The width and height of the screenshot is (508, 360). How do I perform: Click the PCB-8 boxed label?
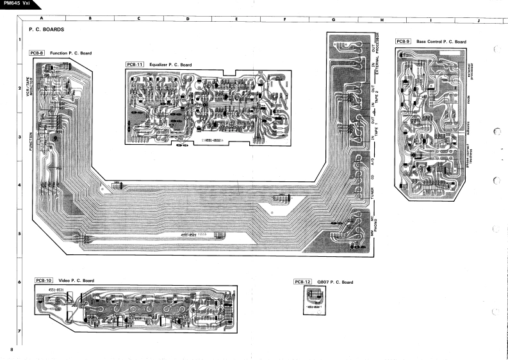click(37, 53)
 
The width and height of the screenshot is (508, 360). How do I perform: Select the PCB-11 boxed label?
click(135, 65)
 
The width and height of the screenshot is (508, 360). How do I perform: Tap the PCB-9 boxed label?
click(403, 42)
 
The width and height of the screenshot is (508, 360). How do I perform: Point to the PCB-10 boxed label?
click(44, 281)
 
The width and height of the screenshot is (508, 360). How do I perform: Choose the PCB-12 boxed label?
click(302, 282)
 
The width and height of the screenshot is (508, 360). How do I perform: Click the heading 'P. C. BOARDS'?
click(46, 29)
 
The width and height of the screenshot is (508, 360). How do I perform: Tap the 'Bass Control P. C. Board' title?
click(441, 42)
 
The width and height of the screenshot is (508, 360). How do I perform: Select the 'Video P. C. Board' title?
click(76, 281)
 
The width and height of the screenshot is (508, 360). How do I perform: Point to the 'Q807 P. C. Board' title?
click(334, 282)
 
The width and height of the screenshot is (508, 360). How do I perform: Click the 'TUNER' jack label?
click(372, 192)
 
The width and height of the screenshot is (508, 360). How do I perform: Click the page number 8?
click(12, 349)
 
